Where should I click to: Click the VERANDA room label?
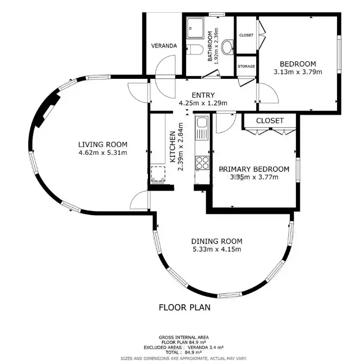164,46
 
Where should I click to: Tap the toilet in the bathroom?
194,49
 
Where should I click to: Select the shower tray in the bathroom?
195,28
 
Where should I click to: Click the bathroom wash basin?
227,47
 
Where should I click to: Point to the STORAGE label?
246,67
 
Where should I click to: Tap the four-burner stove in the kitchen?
202,163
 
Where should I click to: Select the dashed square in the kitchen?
158,173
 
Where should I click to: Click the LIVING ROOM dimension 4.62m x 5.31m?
103,152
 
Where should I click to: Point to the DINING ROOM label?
217,242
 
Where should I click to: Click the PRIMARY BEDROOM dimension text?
254,177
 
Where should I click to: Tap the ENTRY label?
203,95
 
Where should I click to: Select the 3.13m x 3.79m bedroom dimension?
298,72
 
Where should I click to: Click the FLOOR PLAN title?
185,307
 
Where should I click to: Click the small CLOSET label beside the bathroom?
246,35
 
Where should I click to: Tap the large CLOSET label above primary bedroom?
270,121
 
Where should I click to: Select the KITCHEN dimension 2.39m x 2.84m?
181,146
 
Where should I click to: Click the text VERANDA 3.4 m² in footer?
206,347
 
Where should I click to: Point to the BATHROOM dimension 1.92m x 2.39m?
216,46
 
